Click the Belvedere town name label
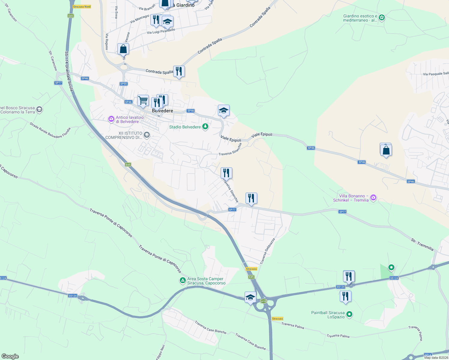[162, 111]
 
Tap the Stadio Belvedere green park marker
[205, 127]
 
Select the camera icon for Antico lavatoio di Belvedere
[111, 119]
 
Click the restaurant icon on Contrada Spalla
[179, 71]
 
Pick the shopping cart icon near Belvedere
[143, 100]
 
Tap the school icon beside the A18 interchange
[250, 297]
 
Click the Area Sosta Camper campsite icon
[182, 280]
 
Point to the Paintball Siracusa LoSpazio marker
[349, 314]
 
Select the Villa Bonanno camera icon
[373, 198]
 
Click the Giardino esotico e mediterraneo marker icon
[381, 18]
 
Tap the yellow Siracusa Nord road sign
[82, 7]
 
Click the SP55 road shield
[124, 84]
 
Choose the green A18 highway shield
[263, 301]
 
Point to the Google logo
[10, 356]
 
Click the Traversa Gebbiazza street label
[267, 251]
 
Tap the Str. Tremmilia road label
[422, 244]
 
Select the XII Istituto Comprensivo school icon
[146, 135]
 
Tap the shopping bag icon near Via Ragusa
[123, 49]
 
